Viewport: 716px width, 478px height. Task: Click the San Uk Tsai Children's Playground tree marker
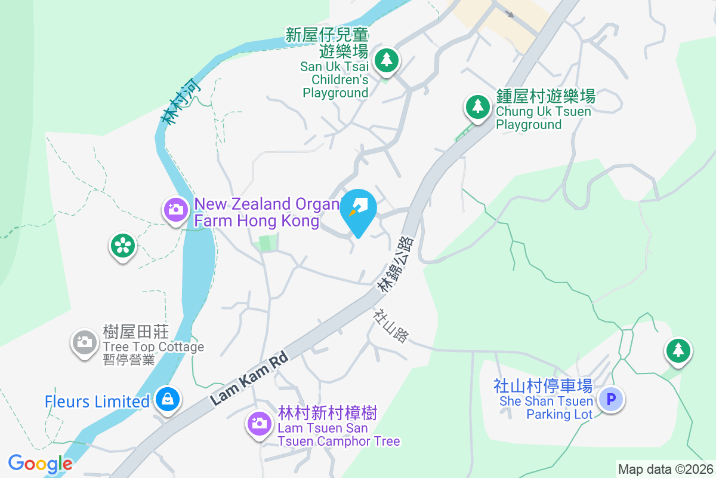pyautogui.click(x=387, y=60)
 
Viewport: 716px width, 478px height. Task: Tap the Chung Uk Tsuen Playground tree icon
pyautogui.click(x=477, y=107)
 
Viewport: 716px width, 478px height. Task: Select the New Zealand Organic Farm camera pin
pyautogui.click(x=175, y=209)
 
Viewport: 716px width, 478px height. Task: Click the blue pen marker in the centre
pyautogui.click(x=358, y=209)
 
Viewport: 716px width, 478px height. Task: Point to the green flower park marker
pyautogui.click(x=122, y=245)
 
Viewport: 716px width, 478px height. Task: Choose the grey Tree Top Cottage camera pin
pyautogui.click(x=85, y=342)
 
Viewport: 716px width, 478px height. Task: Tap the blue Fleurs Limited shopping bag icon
pyautogui.click(x=168, y=399)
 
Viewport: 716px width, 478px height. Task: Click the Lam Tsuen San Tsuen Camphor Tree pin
pyautogui.click(x=259, y=423)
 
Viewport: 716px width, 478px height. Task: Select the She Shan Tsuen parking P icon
pyautogui.click(x=611, y=399)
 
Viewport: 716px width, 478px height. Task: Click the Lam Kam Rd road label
pyautogui.click(x=249, y=379)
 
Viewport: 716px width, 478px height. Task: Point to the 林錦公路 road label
pyautogui.click(x=396, y=265)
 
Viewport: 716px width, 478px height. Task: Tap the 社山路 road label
pyautogui.click(x=391, y=326)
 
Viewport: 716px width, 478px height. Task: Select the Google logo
pyautogui.click(x=40, y=464)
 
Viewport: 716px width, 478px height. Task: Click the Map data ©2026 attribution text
pyautogui.click(x=665, y=470)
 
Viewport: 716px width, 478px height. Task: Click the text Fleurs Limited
pyautogui.click(x=97, y=402)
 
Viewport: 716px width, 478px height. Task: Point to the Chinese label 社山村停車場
pyautogui.click(x=542, y=386)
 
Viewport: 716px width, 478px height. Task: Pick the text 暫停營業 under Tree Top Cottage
pyautogui.click(x=128, y=360)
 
